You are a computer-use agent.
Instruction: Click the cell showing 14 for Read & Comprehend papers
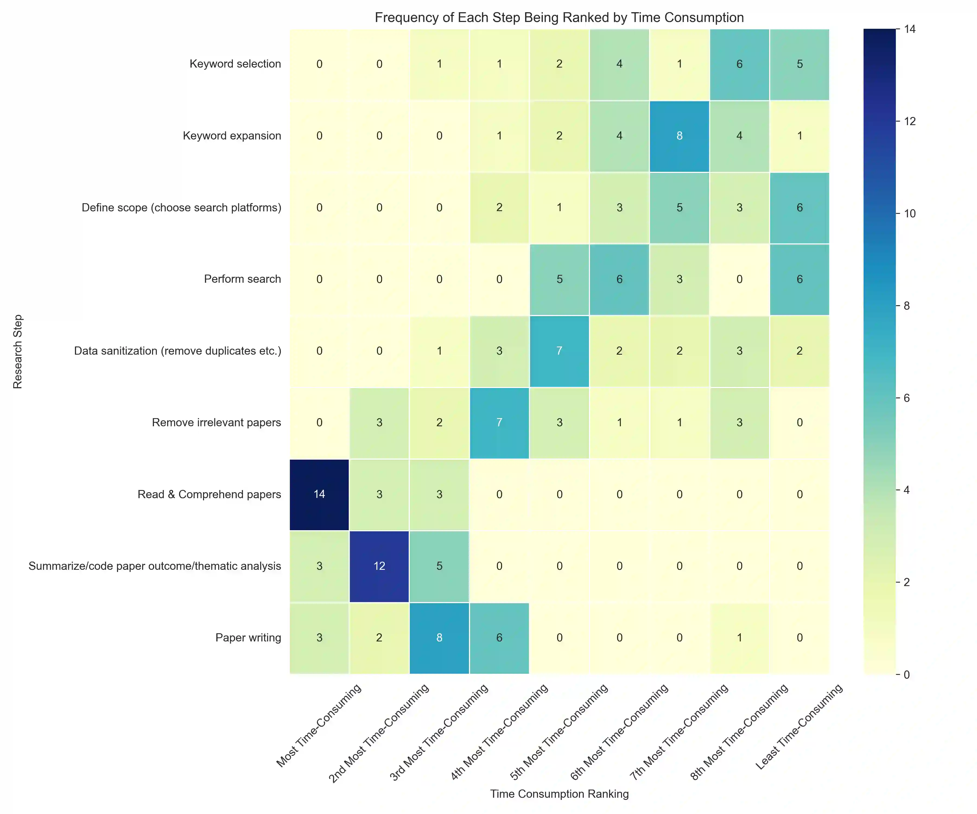[x=319, y=494]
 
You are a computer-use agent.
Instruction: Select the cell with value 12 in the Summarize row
[x=379, y=566]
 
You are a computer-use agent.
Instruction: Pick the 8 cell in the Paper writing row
[x=439, y=638]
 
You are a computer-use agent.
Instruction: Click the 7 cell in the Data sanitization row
[x=559, y=351]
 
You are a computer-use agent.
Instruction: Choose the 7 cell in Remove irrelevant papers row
[x=499, y=422]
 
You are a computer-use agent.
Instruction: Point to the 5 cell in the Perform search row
[x=559, y=279]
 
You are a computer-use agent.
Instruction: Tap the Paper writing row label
[x=248, y=638]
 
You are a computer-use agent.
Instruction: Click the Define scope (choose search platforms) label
[x=182, y=208]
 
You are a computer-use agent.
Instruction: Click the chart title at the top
[x=559, y=18]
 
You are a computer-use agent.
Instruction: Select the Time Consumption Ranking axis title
[x=559, y=794]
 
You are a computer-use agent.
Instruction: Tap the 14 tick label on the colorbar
[x=909, y=29]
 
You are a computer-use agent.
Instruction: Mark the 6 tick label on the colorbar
[x=906, y=398]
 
